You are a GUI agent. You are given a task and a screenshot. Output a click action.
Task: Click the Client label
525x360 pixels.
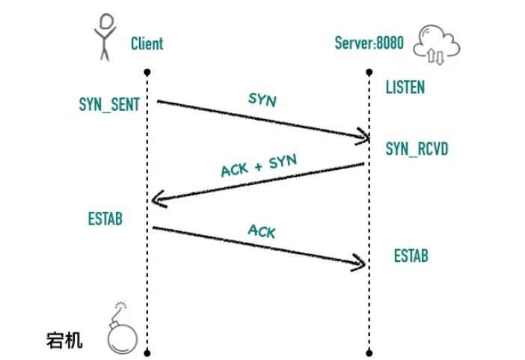coord(147,43)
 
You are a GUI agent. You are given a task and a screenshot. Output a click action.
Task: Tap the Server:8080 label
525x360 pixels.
coord(369,43)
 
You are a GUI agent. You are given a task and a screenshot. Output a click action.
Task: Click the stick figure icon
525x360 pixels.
coord(105,36)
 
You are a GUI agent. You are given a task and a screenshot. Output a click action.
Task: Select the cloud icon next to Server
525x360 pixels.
coord(438,43)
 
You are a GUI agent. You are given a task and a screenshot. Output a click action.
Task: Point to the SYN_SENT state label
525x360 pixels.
coord(109,104)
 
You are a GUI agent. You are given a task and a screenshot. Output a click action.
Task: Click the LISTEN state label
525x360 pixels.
coord(405,88)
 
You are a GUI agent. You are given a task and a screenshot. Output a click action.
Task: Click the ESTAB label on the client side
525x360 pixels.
coord(105,219)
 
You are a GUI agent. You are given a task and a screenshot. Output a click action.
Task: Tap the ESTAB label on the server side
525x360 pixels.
coord(411,256)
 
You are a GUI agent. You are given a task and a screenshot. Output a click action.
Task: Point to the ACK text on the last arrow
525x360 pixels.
coord(261,232)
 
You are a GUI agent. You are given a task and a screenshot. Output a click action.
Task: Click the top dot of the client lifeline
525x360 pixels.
coord(148,72)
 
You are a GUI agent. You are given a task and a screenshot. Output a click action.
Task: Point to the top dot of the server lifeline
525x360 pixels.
coord(369,72)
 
